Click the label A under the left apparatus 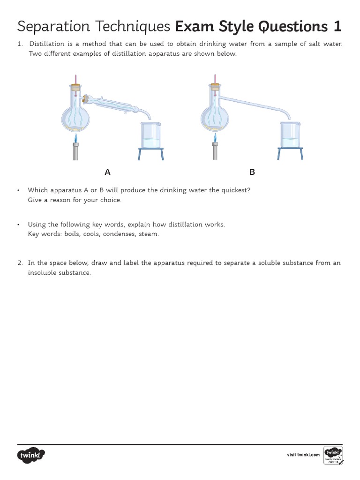pos(107,172)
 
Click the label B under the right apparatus pos(252,172)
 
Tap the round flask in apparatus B pos(215,117)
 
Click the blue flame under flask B pos(215,138)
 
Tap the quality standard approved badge pos(333,455)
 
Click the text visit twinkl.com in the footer pos(303,455)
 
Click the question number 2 pos(20,263)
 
